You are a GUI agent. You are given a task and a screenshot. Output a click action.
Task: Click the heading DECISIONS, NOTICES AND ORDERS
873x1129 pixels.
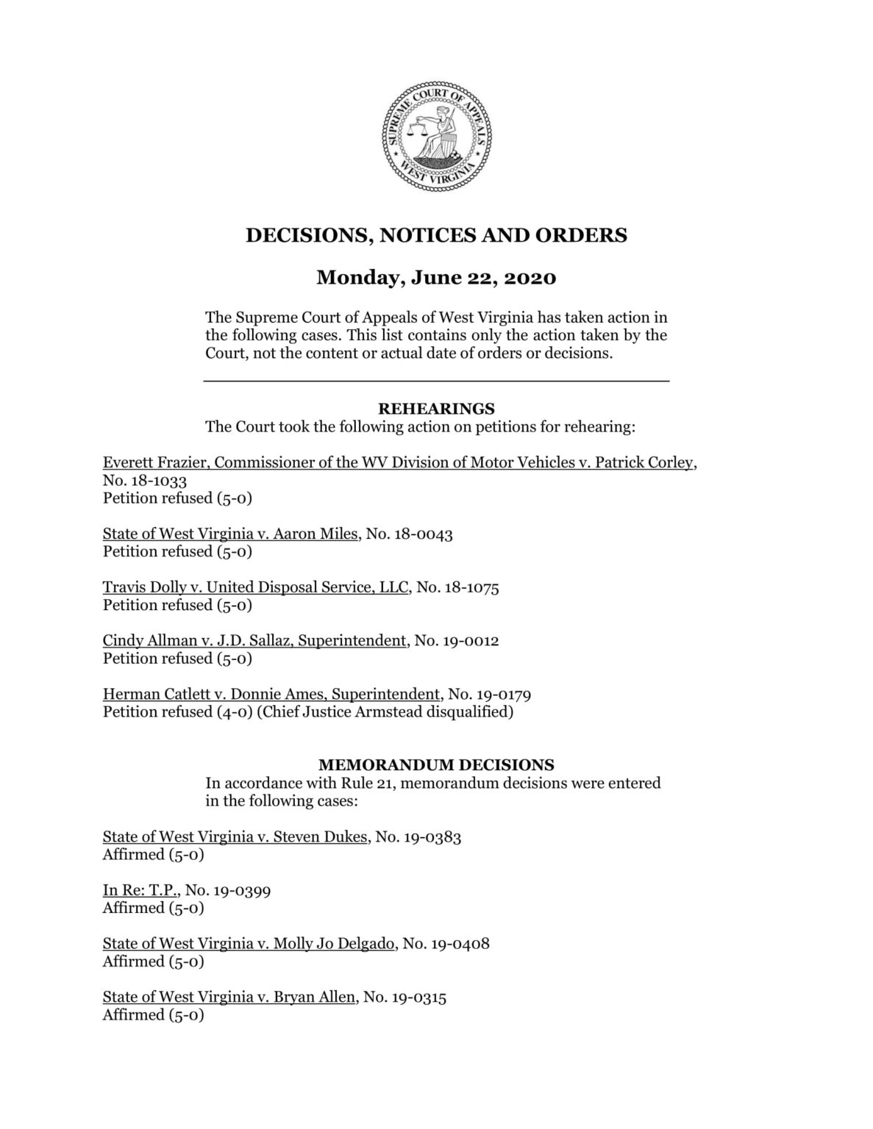[x=436, y=235]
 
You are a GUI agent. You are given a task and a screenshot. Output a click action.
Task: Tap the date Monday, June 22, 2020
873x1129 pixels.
[x=436, y=278]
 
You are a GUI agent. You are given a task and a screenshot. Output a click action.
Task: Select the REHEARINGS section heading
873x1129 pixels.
[x=436, y=409]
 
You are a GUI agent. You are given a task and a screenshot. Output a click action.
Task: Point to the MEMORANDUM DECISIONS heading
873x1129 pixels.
[x=436, y=765]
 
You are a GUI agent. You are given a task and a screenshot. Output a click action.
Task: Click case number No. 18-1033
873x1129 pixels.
[x=145, y=481]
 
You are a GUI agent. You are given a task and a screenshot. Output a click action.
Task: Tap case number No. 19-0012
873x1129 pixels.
[x=457, y=641]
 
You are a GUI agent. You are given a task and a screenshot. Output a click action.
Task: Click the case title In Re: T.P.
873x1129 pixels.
[x=140, y=890]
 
